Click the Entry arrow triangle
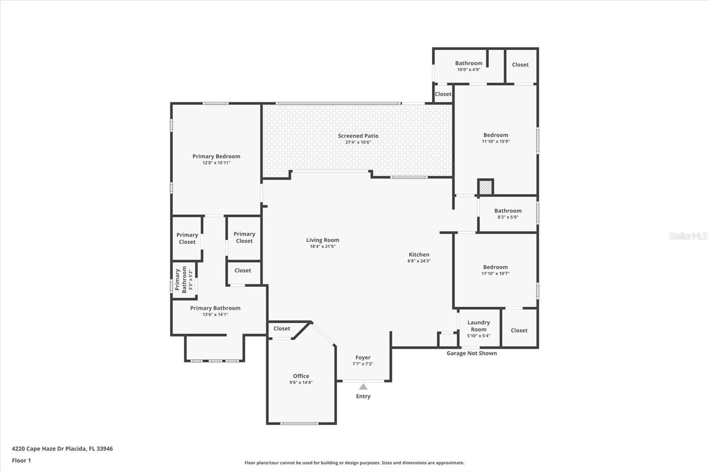(363, 387)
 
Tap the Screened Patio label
(358, 136)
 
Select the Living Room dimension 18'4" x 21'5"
(323, 247)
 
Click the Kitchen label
(419, 255)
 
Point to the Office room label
(301, 376)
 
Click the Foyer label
(362, 357)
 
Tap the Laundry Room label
(479, 326)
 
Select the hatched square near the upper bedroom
(486, 187)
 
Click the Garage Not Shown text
(471, 353)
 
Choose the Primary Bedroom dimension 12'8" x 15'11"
(216, 163)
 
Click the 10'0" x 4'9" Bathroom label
(468, 63)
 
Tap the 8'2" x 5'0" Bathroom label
(508, 211)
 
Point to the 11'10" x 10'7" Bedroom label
(495, 267)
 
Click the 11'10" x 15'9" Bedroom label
(495, 135)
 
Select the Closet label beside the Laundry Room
(519, 330)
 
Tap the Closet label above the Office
(282, 329)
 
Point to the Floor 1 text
(21, 460)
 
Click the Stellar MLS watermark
(688, 236)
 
